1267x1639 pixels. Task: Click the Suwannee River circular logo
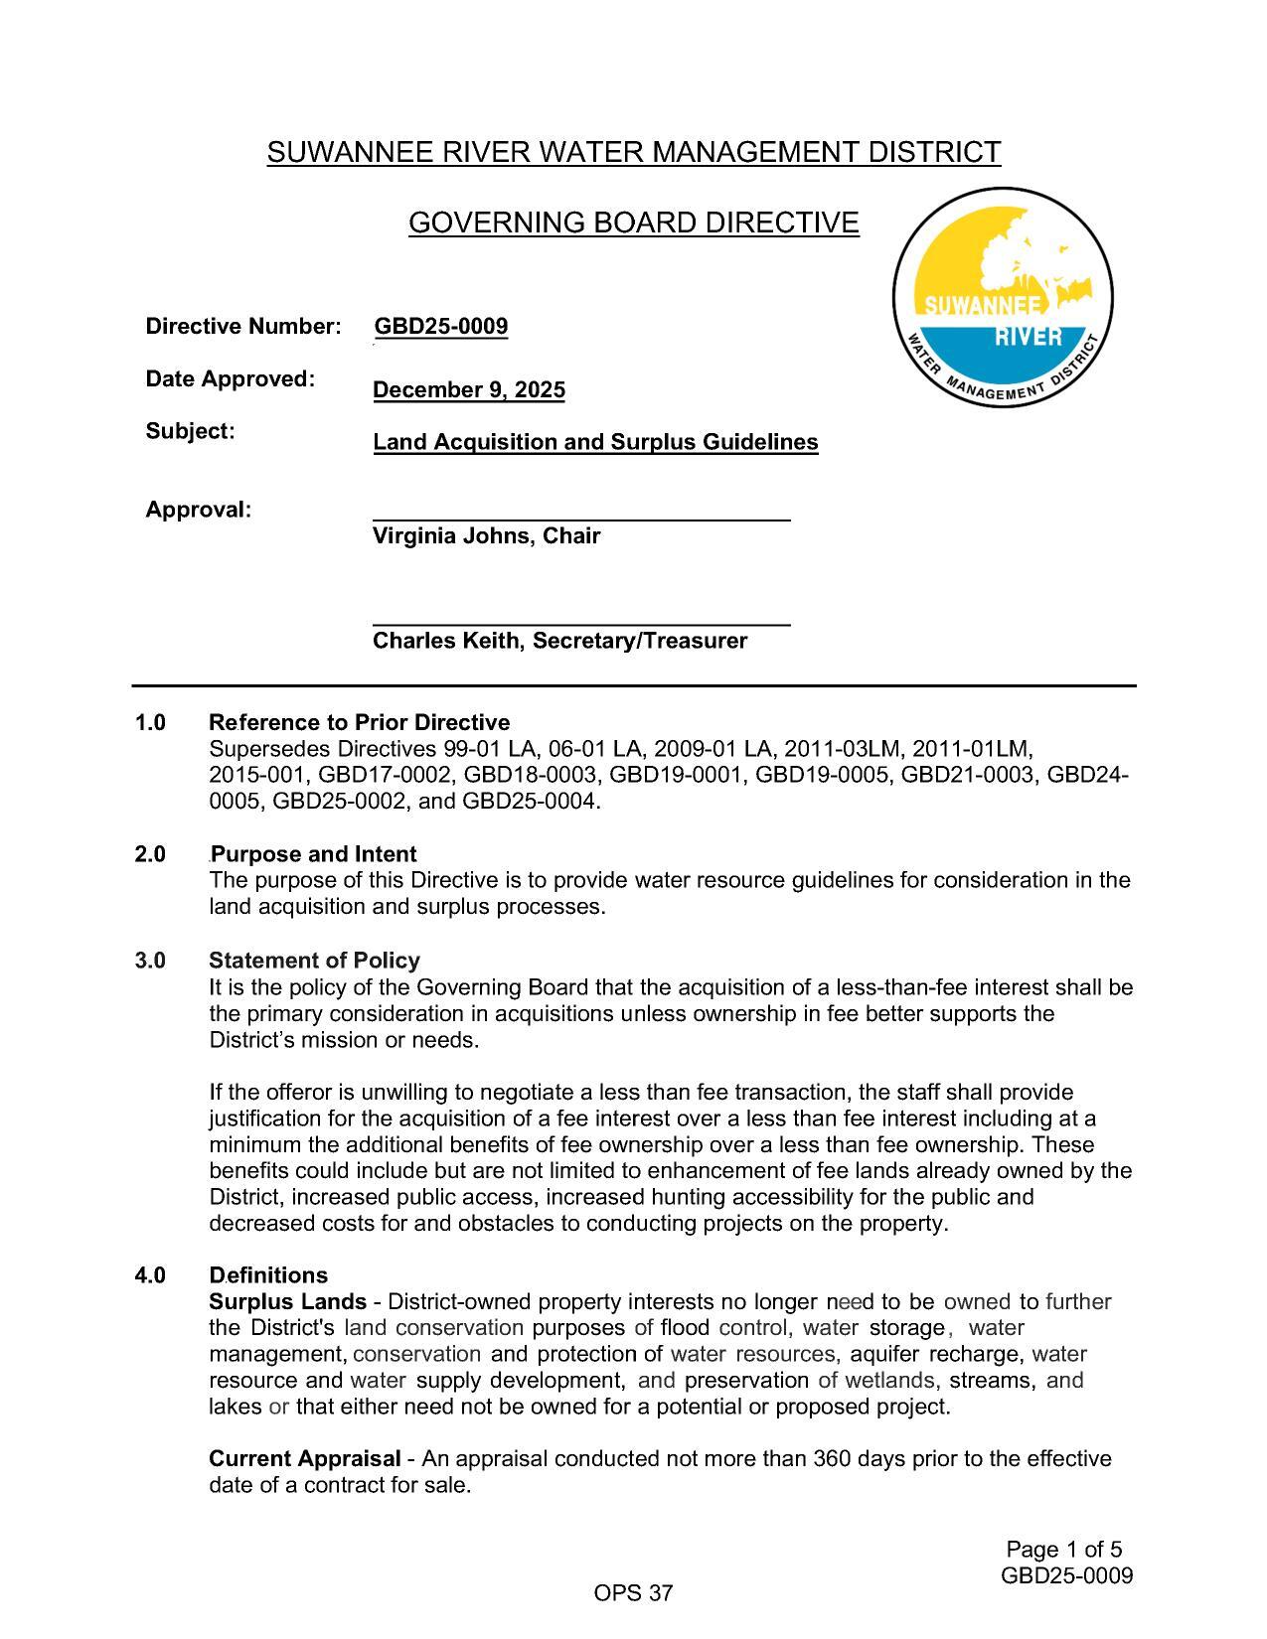coord(1002,297)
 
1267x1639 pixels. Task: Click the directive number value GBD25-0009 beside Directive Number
coord(440,327)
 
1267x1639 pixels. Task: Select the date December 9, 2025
coord(468,389)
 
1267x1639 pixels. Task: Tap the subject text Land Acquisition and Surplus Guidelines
coord(595,442)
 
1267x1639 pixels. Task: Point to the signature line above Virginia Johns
coord(581,519)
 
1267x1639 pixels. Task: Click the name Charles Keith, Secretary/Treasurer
coord(559,641)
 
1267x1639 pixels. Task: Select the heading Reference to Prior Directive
coord(359,722)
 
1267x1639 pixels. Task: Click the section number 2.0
coord(150,854)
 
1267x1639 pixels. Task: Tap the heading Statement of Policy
coord(314,961)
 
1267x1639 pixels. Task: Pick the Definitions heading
coord(268,1274)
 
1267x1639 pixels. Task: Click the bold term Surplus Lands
coord(287,1301)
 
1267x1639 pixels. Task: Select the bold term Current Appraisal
coord(304,1458)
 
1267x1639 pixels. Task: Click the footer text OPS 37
coord(633,1593)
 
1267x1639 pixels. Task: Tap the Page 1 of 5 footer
coord(1063,1550)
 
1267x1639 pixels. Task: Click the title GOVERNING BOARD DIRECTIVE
coord(633,223)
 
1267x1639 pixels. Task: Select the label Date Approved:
coord(230,378)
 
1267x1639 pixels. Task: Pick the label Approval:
coord(198,510)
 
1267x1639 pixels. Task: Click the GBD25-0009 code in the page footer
coord(1066,1575)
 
